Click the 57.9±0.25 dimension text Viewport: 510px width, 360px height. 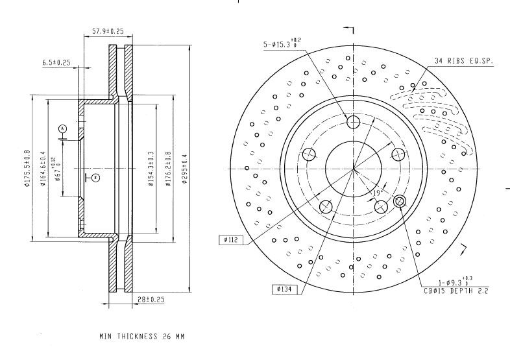point(108,31)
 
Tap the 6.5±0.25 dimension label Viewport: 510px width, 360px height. point(56,62)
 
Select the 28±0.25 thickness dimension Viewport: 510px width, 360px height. point(151,300)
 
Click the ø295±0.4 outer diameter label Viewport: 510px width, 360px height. point(185,169)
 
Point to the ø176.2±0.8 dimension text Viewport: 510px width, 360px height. point(168,169)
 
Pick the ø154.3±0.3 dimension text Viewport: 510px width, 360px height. point(151,169)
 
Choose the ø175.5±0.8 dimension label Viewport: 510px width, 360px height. point(27,168)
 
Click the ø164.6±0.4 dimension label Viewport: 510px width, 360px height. point(43,169)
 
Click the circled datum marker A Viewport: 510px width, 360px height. point(63,129)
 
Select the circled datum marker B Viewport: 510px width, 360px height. point(95,178)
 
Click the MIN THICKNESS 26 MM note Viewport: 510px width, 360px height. point(142,336)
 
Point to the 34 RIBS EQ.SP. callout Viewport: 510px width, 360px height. point(464,61)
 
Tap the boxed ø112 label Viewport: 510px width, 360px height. point(231,240)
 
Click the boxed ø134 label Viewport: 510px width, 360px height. point(284,289)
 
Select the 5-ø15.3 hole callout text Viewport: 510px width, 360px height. point(282,43)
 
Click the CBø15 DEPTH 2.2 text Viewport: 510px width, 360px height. point(456,291)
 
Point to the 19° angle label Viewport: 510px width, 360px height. point(377,193)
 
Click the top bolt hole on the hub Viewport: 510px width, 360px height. point(353,122)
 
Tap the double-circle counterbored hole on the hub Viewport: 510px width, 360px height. point(400,202)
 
